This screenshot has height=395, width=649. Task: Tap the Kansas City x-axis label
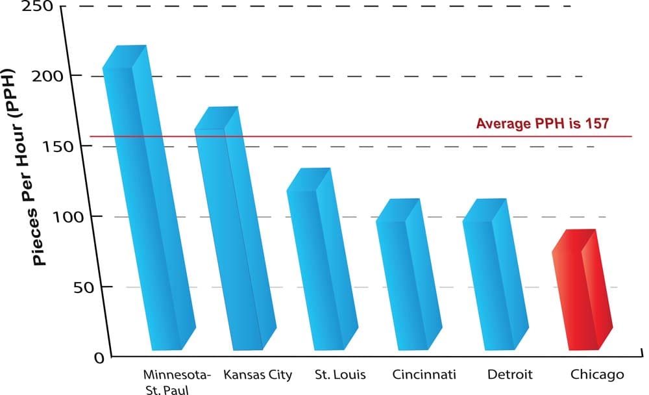click(257, 375)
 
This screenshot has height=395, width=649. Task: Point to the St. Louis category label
click(340, 375)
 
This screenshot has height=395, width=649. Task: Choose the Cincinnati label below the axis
click(424, 375)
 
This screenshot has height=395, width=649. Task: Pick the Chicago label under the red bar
click(597, 375)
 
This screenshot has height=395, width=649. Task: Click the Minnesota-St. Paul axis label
click(177, 382)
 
